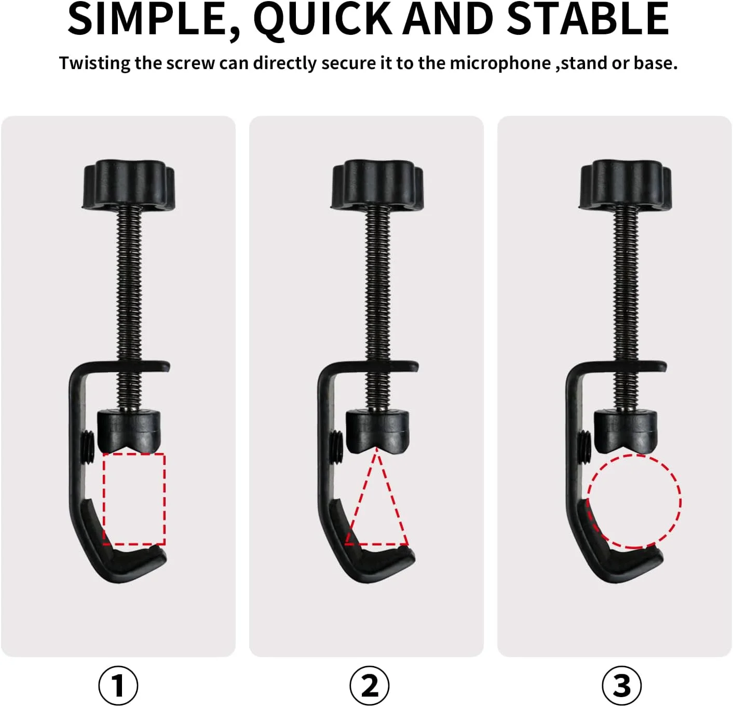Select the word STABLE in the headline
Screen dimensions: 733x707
click(588, 19)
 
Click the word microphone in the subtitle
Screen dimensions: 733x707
click(500, 63)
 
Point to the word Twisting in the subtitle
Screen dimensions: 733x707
click(94, 63)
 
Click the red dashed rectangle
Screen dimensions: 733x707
click(103, 499)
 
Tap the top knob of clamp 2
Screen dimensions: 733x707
click(377, 184)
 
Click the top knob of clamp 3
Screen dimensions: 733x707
click(626, 184)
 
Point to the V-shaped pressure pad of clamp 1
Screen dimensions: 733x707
click(129, 432)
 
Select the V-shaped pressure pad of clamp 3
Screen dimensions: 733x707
click(626, 432)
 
